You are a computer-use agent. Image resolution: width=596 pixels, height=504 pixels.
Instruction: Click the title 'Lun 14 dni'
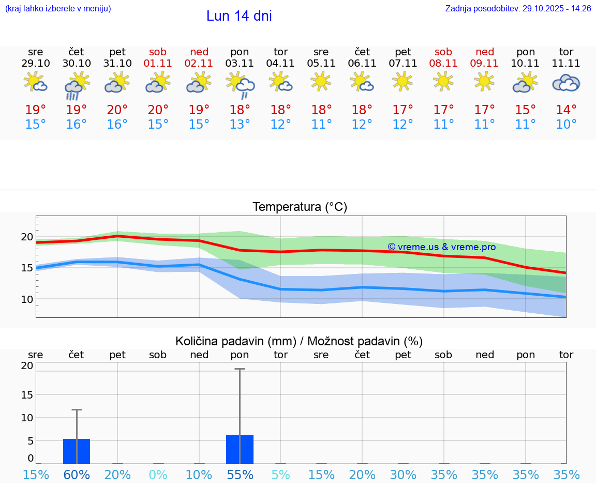(x=239, y=16)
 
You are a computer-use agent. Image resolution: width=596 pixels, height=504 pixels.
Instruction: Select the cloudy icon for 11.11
(x=566, y=83)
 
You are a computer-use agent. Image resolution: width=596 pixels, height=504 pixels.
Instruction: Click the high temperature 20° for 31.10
(x=117, y=110)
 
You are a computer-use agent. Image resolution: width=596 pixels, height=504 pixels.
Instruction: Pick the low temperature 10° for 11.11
(x=566, y=125)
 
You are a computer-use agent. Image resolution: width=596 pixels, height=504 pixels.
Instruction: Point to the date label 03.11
(x=240, y=64)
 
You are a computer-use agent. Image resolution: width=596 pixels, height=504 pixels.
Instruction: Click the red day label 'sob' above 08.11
(x=443, y=52)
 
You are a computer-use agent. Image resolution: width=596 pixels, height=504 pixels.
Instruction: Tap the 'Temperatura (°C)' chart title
(x=300, y=207)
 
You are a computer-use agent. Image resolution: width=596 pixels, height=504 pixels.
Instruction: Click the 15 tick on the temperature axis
(x=27, y=268)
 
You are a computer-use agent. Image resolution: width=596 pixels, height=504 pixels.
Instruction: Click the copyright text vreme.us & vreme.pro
(x=441, y=247)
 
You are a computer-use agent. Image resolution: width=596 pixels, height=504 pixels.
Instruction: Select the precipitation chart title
(x=299, y=341)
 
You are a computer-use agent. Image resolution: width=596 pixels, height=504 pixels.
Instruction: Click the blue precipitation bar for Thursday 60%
(x=77, y=451)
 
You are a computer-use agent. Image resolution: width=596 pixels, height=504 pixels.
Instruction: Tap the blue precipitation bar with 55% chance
(x=240, y=450)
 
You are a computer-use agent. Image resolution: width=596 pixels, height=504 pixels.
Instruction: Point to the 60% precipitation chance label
(x=77, y=475)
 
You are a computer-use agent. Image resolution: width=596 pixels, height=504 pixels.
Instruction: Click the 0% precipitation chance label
(x=158, y=475)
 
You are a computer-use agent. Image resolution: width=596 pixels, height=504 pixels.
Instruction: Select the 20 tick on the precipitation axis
(x=27, y=365)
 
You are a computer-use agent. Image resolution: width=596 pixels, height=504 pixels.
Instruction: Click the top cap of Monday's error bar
(x=240, y=369)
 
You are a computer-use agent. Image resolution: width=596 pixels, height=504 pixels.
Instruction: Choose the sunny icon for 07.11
(x=403, y=81)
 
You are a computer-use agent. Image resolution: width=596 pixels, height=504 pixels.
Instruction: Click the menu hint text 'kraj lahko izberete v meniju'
(x=58, y=8)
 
